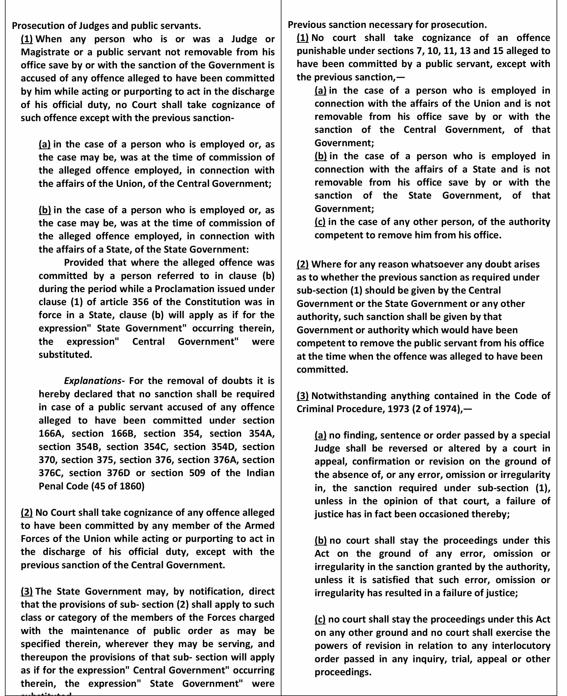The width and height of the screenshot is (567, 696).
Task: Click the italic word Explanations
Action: pos(92,381)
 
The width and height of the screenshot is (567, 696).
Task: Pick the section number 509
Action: pos(197,473)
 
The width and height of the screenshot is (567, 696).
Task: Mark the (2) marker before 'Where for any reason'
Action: pos(303,264)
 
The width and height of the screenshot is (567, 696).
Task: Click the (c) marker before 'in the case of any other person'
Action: pos(320,222)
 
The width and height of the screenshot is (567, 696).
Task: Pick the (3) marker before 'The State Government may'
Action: pos(27,592)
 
